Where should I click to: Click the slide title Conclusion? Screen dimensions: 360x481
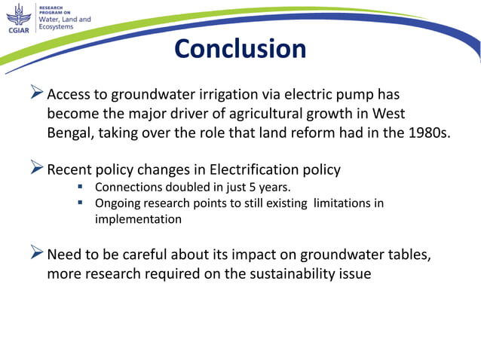click(x=240, y=49)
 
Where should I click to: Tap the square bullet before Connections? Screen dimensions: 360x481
click(x=80, y=188)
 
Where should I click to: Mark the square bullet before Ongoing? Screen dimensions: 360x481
click(x=80, y=203)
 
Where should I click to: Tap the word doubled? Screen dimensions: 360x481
click(x=186, y=187)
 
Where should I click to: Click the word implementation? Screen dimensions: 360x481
click(x=138, y=219)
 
